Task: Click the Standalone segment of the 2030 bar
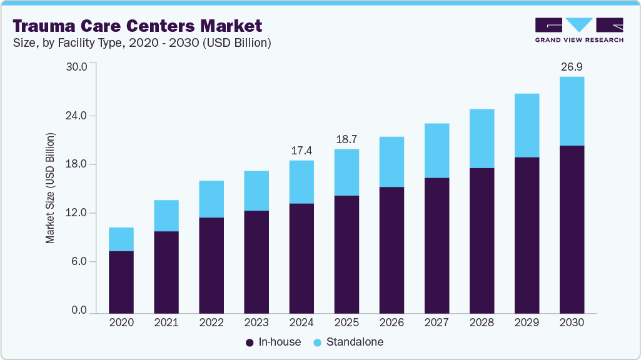point(572,111)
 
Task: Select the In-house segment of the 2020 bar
point(121,282)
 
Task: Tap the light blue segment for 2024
point(301,182)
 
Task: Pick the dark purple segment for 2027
point(437,245)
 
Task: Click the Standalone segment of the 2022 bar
point(211,199)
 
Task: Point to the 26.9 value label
point(572,67)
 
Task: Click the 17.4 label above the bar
point(301,151)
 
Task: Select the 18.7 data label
point(346,139)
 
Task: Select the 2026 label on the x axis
point(391,322)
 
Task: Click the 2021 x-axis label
point(166,322)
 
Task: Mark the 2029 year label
point(527,322)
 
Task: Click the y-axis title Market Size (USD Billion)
point(50,188)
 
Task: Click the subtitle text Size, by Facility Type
point(75,42)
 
